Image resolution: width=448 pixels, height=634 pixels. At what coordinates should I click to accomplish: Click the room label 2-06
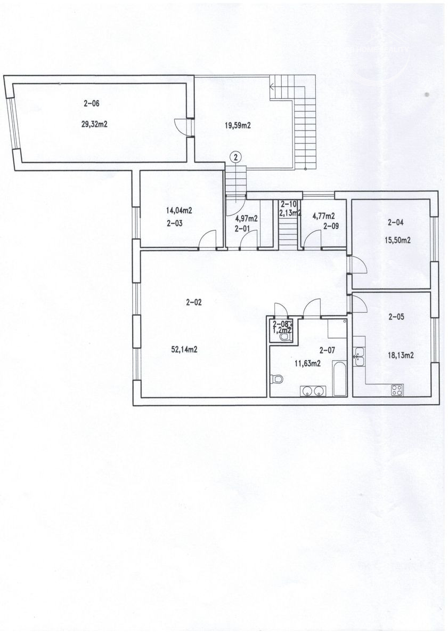coord(91,103)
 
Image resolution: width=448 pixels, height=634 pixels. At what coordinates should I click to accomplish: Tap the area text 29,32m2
coord(94,125)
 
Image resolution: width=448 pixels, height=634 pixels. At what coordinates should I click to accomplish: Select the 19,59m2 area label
coord(238,125)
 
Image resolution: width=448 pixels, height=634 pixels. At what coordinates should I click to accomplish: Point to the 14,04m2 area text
coord(179,210)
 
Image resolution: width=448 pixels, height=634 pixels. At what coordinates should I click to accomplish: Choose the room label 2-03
coord(175,224)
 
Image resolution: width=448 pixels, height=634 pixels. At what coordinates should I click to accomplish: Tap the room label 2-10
coord(288,204)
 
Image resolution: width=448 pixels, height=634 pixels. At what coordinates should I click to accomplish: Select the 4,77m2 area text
coord(323,216)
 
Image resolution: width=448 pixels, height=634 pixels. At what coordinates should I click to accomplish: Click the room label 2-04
coord(395,222)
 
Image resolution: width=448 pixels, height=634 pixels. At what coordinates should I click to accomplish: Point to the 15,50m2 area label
coord(397,240)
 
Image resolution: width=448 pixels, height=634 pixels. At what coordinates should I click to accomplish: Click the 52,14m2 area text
coord(184,350)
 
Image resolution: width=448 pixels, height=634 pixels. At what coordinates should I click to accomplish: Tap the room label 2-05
coord(396,317)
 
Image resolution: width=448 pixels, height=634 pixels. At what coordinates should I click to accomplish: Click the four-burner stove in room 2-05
coord(397,389)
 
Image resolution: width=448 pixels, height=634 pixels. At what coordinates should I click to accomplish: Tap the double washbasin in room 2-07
coord(313,391)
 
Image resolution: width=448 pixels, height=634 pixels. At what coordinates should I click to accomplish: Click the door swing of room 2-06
coord(181,127)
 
